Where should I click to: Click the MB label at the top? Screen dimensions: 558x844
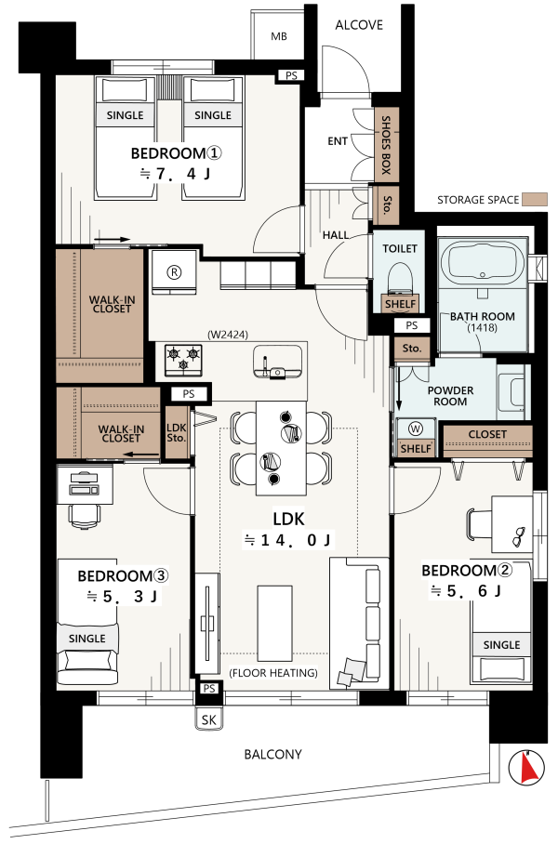[x=278, y=36]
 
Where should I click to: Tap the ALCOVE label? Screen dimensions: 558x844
[x=359, y=25]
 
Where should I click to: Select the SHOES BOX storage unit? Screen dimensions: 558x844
[x=386, y=145]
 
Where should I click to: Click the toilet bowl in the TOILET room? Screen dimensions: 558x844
[x=400, y=278]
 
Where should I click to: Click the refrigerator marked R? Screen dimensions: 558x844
[x=173, y=271]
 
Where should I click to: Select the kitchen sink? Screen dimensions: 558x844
[x=277, y=362]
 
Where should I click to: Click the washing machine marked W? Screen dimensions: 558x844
[x=416, y=429]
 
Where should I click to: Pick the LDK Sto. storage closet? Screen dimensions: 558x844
[x=177, y=432]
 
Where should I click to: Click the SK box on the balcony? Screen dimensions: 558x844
[x=209, y=719]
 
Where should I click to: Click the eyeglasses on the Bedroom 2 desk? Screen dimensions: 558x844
[x=520, y=536]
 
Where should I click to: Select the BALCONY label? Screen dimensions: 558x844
[x=273, y=754]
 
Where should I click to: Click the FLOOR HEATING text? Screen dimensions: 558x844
[x=273, y=673]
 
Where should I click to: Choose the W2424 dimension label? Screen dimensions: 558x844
[x=228, y=335]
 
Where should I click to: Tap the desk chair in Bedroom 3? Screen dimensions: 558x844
[x=84, y=515]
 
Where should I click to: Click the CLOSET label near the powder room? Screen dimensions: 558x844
[x=487, y=434]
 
